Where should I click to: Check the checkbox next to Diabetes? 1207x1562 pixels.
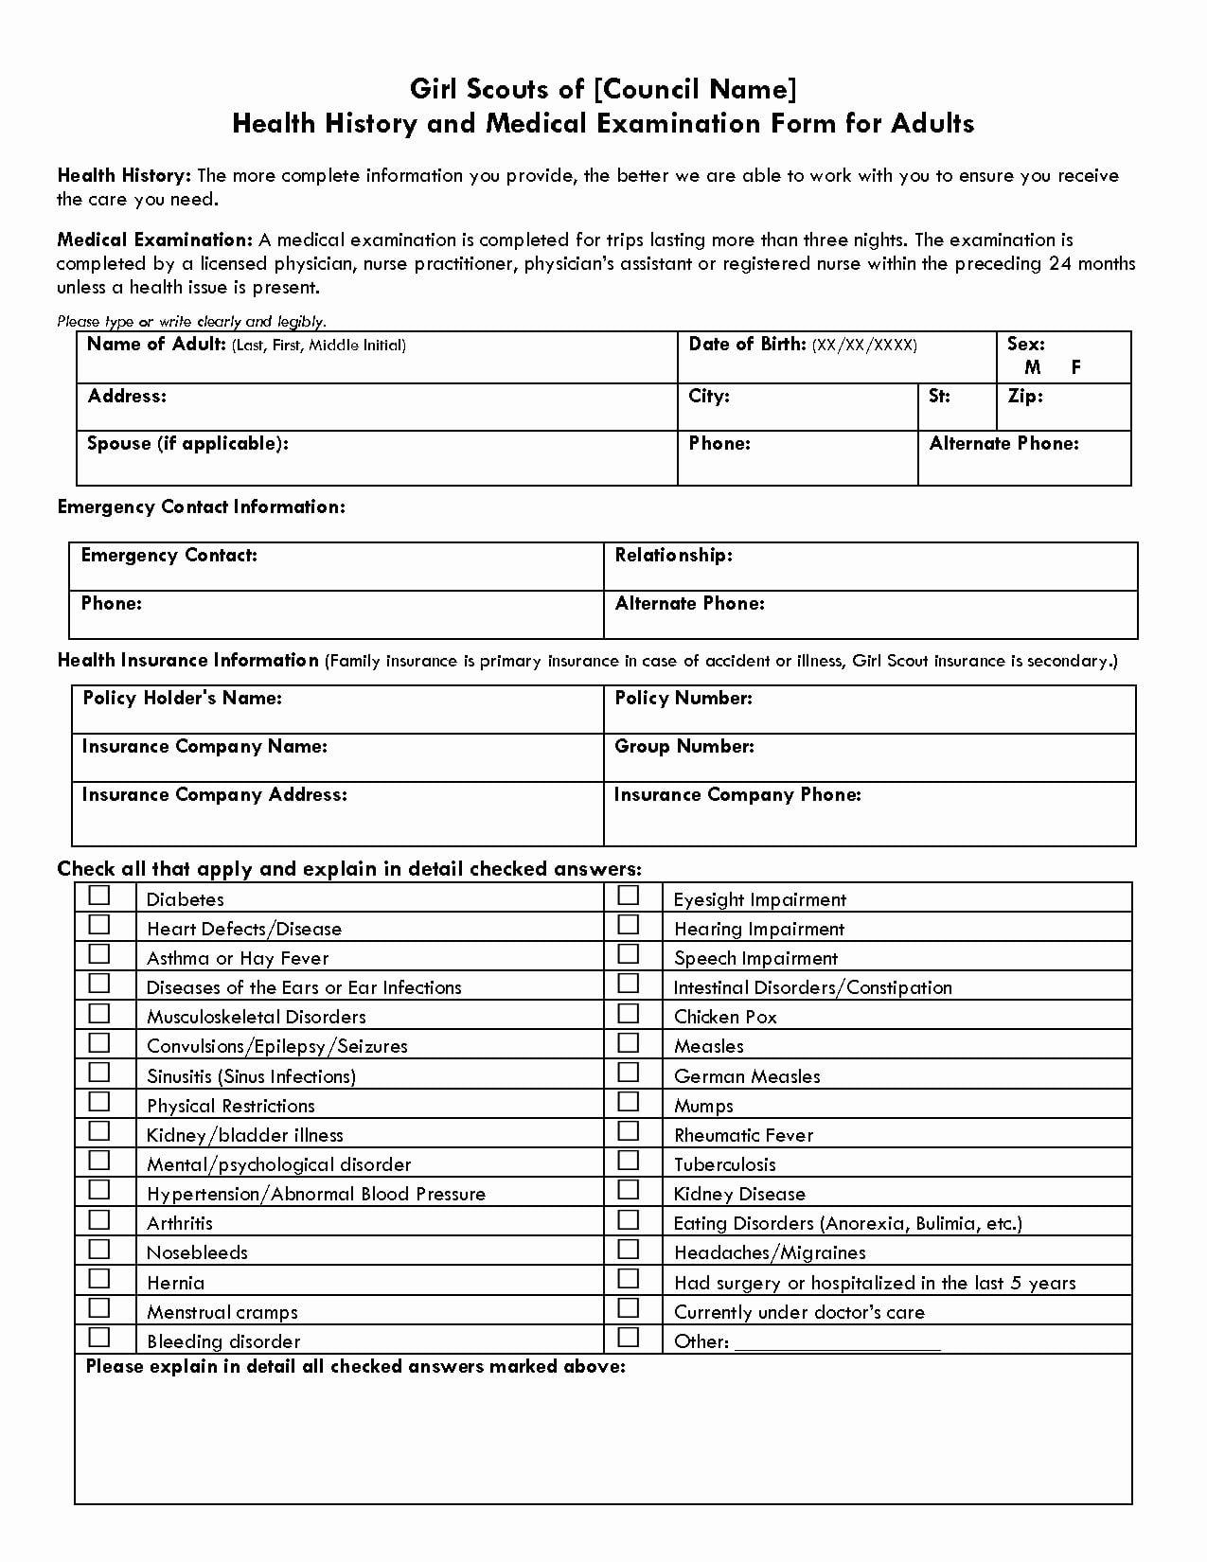tap(99, 896)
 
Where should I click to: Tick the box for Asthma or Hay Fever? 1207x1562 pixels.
tap(99, 954)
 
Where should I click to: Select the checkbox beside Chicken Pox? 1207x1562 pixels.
tap(628, 1013)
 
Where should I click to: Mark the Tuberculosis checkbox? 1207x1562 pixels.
tap(628, 1161)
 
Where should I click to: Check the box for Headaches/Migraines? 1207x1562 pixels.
tap(628, 1249)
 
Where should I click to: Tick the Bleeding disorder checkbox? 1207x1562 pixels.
tap(99, 1337)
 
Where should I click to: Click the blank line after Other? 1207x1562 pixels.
tap(837, 1341)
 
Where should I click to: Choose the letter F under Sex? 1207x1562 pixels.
tap(1075, 367)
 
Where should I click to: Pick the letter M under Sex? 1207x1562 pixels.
tap(1032, 367)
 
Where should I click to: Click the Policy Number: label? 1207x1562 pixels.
tap(683, 699)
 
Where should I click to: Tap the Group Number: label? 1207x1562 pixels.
tap(683, 747)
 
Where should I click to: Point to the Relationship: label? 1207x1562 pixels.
tap(673, 556)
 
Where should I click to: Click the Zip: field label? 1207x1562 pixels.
tap(1024, 396)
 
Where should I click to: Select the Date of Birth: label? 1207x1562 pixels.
tap(747, 345)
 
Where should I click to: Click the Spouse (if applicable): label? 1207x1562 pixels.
tap(187, 444)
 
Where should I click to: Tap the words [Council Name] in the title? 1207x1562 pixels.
tap(695, 89)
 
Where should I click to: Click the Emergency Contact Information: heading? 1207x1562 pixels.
tap(201, 507)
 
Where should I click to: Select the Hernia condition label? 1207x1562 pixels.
tap(175, 1284)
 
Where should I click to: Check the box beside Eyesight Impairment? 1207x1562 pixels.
tap(628, 896)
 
